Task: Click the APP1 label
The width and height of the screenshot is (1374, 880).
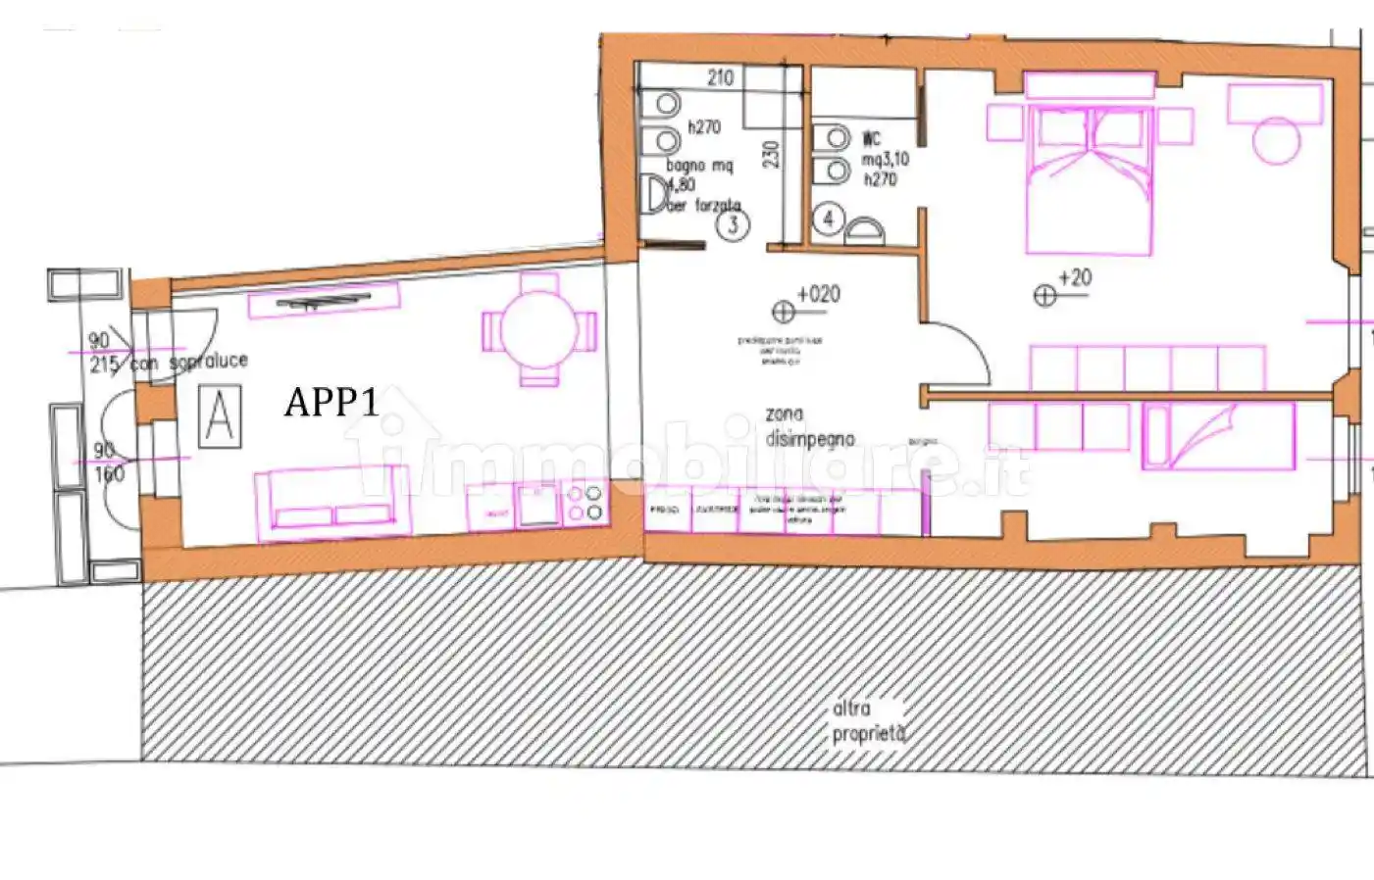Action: click(331, 402)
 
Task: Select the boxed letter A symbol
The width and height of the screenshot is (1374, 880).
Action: click(220, 417)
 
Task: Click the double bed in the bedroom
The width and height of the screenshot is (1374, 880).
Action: click(1087, 181)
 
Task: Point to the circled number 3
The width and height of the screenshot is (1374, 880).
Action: click(732, 225)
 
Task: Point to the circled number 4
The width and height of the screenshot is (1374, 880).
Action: click(828, 219)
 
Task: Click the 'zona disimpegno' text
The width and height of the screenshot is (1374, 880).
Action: click(809, 427)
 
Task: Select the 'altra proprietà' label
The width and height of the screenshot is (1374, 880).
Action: click(868, 720)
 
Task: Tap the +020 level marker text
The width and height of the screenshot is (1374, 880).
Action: click(818, 294)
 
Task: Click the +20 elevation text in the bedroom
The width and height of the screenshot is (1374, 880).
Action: click(1075, 278)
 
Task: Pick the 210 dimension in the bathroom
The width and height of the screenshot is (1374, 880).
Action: click(720, 77)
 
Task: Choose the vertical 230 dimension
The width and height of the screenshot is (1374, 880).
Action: click(771, 155)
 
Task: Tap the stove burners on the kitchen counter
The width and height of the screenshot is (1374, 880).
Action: click(585, 504)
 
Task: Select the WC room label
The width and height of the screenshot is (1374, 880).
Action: click(871, 139)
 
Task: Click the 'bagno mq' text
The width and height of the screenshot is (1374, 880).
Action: click(699, 166)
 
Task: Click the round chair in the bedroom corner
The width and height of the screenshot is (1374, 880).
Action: click(1276, 139)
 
